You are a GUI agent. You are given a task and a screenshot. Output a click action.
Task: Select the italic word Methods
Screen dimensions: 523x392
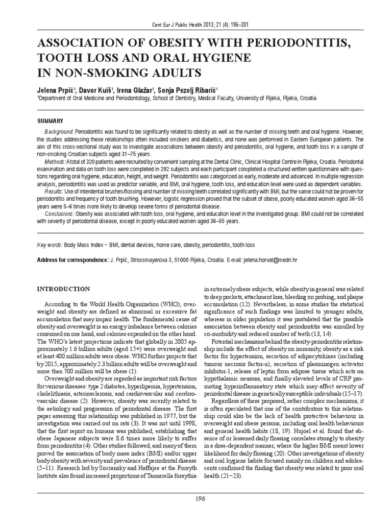pos(55,161)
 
